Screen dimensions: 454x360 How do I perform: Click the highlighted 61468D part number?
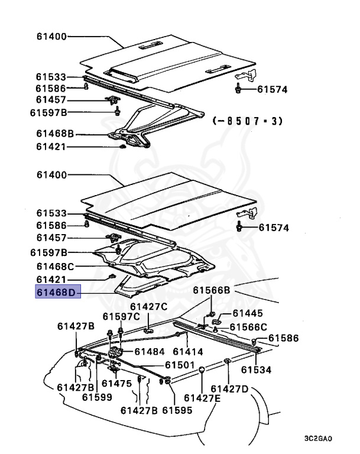point(57,291)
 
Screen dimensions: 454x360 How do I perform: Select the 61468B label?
point(55,134)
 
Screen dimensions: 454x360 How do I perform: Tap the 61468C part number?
point(55,267)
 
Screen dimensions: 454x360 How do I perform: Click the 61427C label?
point(148,306)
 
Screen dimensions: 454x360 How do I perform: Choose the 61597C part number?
point(121,317)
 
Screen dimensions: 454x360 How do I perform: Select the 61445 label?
point(248,313)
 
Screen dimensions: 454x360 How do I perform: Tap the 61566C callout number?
point(248,327)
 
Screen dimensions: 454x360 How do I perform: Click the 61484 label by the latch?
point(150,351)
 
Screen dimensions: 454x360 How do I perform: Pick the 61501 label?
point(180,365)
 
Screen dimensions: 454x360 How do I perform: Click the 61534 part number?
point(256,370)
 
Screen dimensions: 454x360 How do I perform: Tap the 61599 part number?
point(97,397)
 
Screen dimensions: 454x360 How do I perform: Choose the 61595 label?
point(178,410)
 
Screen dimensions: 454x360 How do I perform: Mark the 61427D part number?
point(230,388)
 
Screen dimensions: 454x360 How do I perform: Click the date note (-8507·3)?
point(247,121)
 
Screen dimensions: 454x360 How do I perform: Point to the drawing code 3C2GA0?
point(318,439)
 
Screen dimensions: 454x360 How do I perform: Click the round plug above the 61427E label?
point(202,370)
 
